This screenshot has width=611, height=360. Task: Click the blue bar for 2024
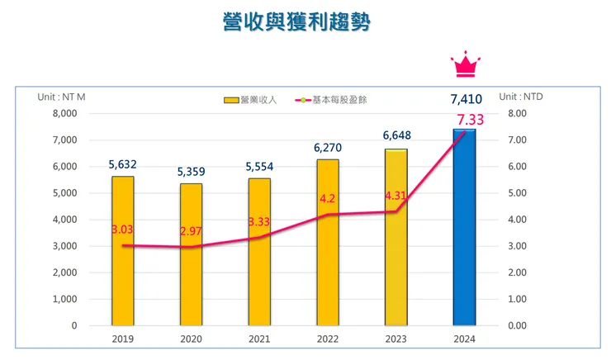pyautogui.click(x=464, y=227)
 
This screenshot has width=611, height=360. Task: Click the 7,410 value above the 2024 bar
pyautogui.click(x=466, y=99)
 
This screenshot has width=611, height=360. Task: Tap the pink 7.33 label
pyautogui.click(x=470, y=121)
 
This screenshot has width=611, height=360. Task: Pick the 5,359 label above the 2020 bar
pyautogui.click(x=192, y=172)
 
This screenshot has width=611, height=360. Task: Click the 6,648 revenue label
pyautogui.click(x=396, y=135)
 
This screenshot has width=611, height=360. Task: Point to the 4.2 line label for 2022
pyautogui.click(x=327, y=199)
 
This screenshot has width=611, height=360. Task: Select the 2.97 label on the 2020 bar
pyautogui.click(x=192, y=231)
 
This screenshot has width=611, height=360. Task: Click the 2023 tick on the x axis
pyautogui.click(x=395, y=338)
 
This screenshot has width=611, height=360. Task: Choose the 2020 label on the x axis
pyautogui.click(x=192, y=338)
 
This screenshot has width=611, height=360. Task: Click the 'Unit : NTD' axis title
pyautogui.click(x=521, y=97)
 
